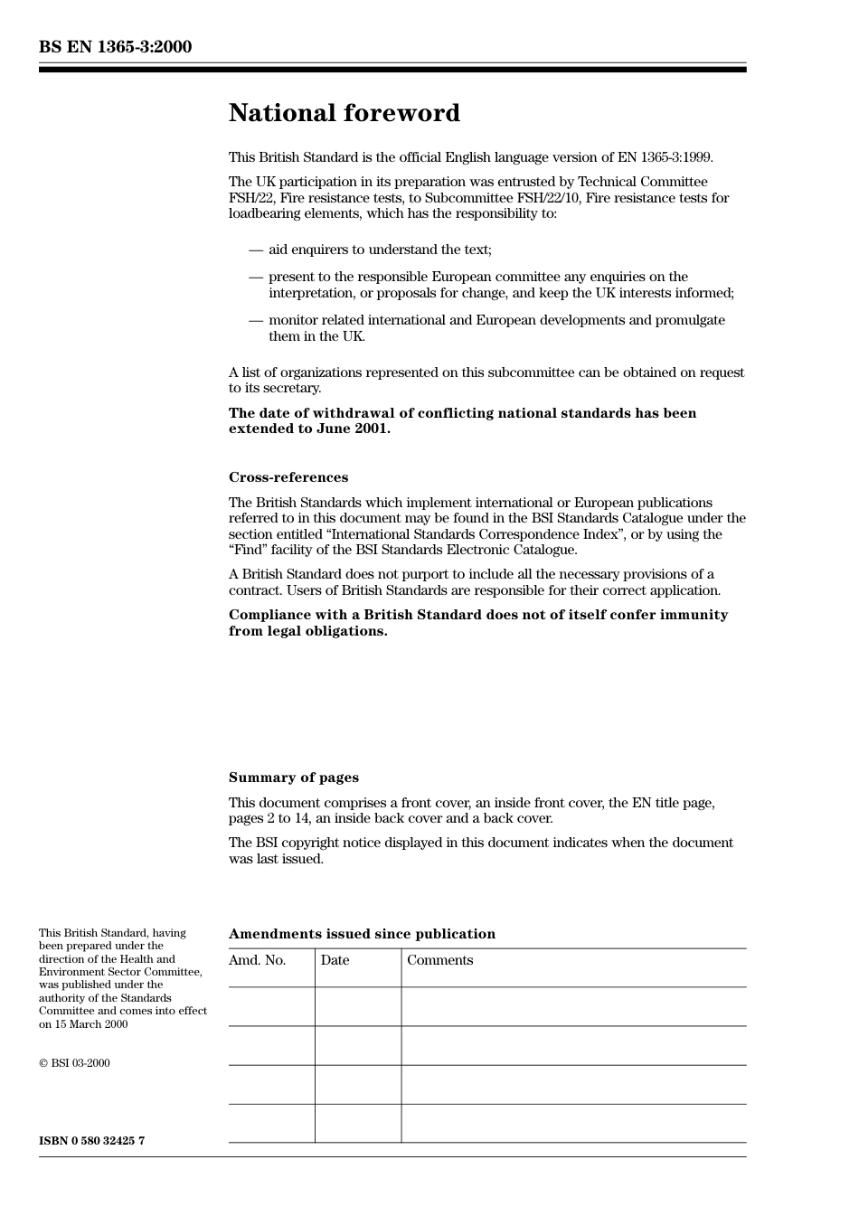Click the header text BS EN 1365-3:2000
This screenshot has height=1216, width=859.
click(115, 47)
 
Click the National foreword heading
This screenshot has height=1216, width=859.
click(344, 113)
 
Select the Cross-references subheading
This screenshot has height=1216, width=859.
click(288, 477)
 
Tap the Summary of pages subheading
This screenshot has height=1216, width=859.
click(293, 778)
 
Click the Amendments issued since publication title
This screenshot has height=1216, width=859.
click(362, 934)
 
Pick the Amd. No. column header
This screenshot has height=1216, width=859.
click(257, 960)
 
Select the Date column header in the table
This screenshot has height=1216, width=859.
click(335, 960)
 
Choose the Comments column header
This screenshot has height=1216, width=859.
click(439, 960)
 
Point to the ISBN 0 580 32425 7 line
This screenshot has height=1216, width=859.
click(91, 1141)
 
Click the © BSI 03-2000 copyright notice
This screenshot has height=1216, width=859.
click(74, 1063)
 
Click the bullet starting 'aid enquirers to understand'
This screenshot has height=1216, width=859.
click(380, 250)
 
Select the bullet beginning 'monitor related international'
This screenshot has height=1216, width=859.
click(496, 328)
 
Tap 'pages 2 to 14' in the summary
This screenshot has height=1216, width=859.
click(269, 818)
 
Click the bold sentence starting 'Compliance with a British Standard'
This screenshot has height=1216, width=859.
click(477, 623)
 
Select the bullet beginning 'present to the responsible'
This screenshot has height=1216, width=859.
click(500, 285)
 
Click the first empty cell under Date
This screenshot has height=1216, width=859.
click(358, 1006)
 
